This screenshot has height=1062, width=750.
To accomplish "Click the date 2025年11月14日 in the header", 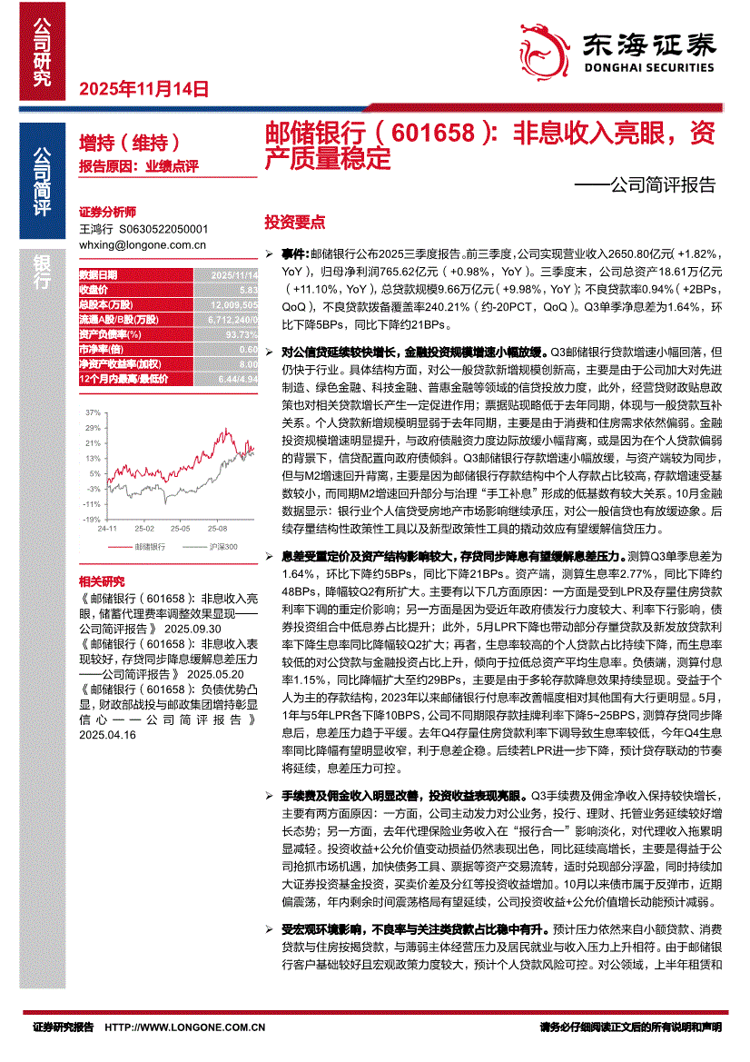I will pyautogui.click(x=144, y=89).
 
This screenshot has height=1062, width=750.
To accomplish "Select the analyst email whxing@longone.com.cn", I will pyautogui.click(x=143, y=244).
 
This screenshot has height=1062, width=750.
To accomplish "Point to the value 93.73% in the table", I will pyautogui.click(x=242, y=333).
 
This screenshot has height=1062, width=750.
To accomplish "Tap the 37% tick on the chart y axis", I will pyautogui.click(x=92, y=412).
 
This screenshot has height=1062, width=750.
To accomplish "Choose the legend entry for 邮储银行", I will pyautogui.click(x=149, y=547).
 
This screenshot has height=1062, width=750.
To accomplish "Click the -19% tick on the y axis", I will pyautogui.click(x=91, y=519).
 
